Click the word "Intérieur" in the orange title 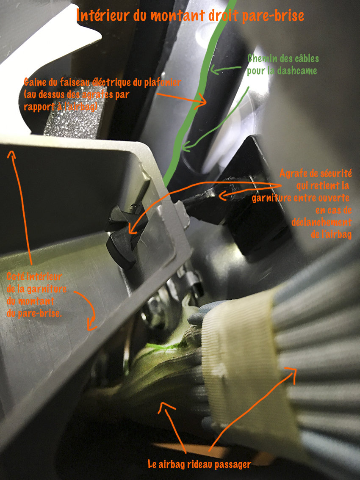(102, 16)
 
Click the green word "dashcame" (297, 71)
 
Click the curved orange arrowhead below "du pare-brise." (91, 325)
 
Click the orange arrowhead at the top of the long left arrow (11, 154)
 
